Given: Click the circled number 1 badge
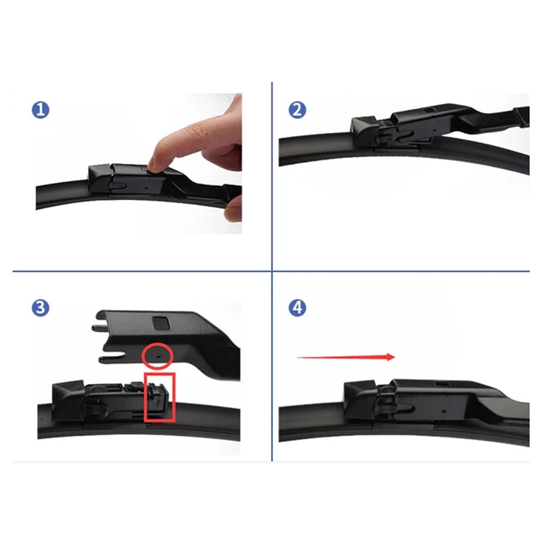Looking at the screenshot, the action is coord(41,110).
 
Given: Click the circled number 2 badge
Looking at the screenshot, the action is coord(298,110).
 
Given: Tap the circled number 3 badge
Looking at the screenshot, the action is coord(41,308).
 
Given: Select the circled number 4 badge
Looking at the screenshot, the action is coord(298,308).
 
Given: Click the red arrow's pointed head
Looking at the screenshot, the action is coord(394,357).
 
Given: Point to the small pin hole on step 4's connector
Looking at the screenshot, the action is coord(443,411).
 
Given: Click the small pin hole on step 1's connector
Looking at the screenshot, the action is coord(146,188).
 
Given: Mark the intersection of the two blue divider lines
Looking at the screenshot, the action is coord(272,271).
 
